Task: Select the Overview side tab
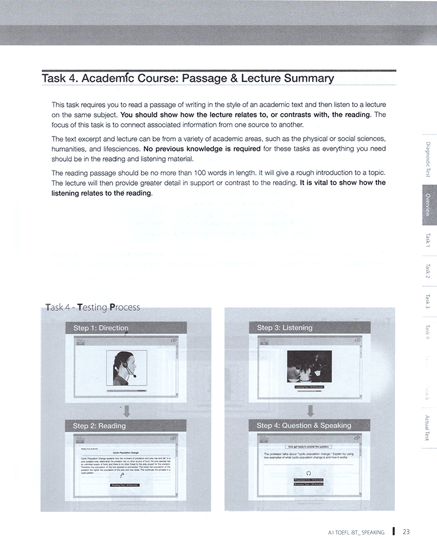(x=428, y=205)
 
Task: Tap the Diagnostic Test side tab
(x=428, y=159)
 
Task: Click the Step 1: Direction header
(x=101, y=328)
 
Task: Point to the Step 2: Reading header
(x=99, y=425)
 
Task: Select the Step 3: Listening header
(x=285, y=328)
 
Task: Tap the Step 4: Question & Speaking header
(x=304, y=425)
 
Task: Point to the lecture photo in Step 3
(x=310, y=366)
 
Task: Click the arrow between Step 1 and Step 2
(x=126, y=410)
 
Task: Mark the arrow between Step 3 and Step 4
(x=310, y=410)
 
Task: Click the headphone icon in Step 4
(x=309, y=472)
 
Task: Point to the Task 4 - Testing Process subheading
(x=93, y=307)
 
